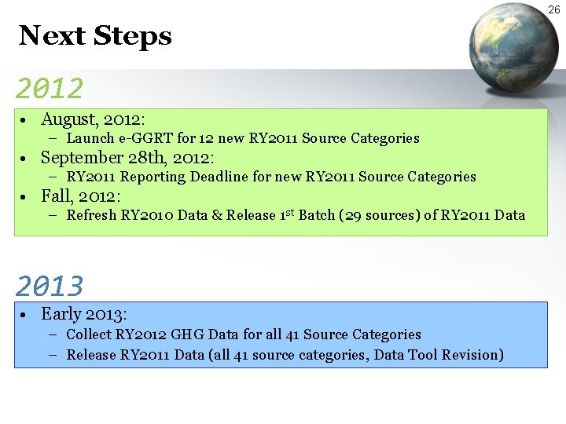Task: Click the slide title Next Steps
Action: point(95,36)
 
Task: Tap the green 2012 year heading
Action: point(49,88)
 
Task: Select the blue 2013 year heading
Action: point(49,285)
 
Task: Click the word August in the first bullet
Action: point(67,119)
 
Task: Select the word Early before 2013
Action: point(61,314)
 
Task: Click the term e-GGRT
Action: point(146,139)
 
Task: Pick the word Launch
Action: point(90,139)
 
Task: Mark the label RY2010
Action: point(147,216)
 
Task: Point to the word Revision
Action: point(472,355)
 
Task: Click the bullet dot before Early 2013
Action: point(26,315)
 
